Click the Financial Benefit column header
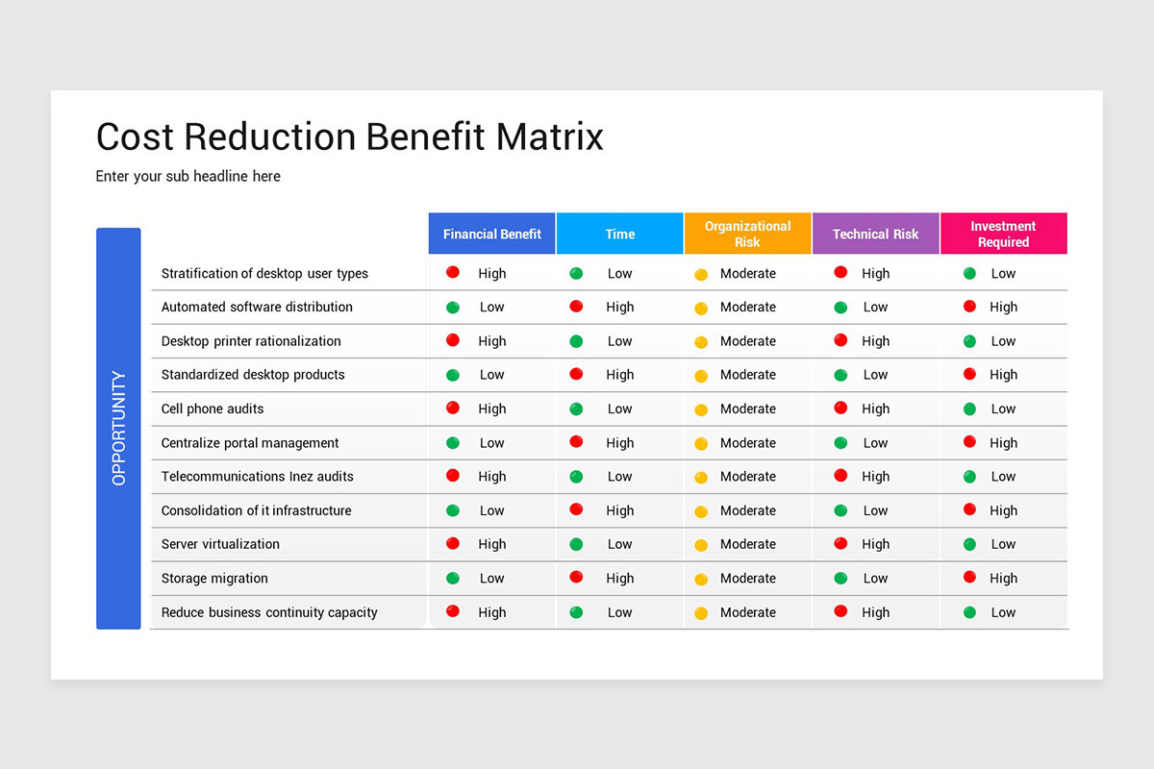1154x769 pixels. [x=491, y=234]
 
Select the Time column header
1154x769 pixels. [x=619, y=234]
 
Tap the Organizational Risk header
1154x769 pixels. [x=747, y=234]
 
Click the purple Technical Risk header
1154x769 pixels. [x=875, y=234]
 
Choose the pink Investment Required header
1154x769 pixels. [x=1003, y=234]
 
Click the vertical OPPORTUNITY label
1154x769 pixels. [x=118, y=428]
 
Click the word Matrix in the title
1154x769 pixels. [x=549, y=136]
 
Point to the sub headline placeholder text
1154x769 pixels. [x=188, y=176]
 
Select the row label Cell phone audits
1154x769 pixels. [x=212, y=409]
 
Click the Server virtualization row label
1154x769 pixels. [x=220, y=544]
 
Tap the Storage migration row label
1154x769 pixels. [x=214, y=578]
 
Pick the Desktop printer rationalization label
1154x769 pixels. [x=251, y=341]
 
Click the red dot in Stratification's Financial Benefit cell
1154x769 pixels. [x=453, y=272]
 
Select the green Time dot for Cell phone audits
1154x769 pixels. [x=576, y=409]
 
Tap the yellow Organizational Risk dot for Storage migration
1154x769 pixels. [x=701, y=579]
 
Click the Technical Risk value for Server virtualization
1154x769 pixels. [x=875, y=544]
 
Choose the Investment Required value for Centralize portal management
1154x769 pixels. [x=1003, y=443]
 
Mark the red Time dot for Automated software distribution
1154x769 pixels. [x=576, y=306]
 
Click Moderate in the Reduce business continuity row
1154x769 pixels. [x=747, y=612]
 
